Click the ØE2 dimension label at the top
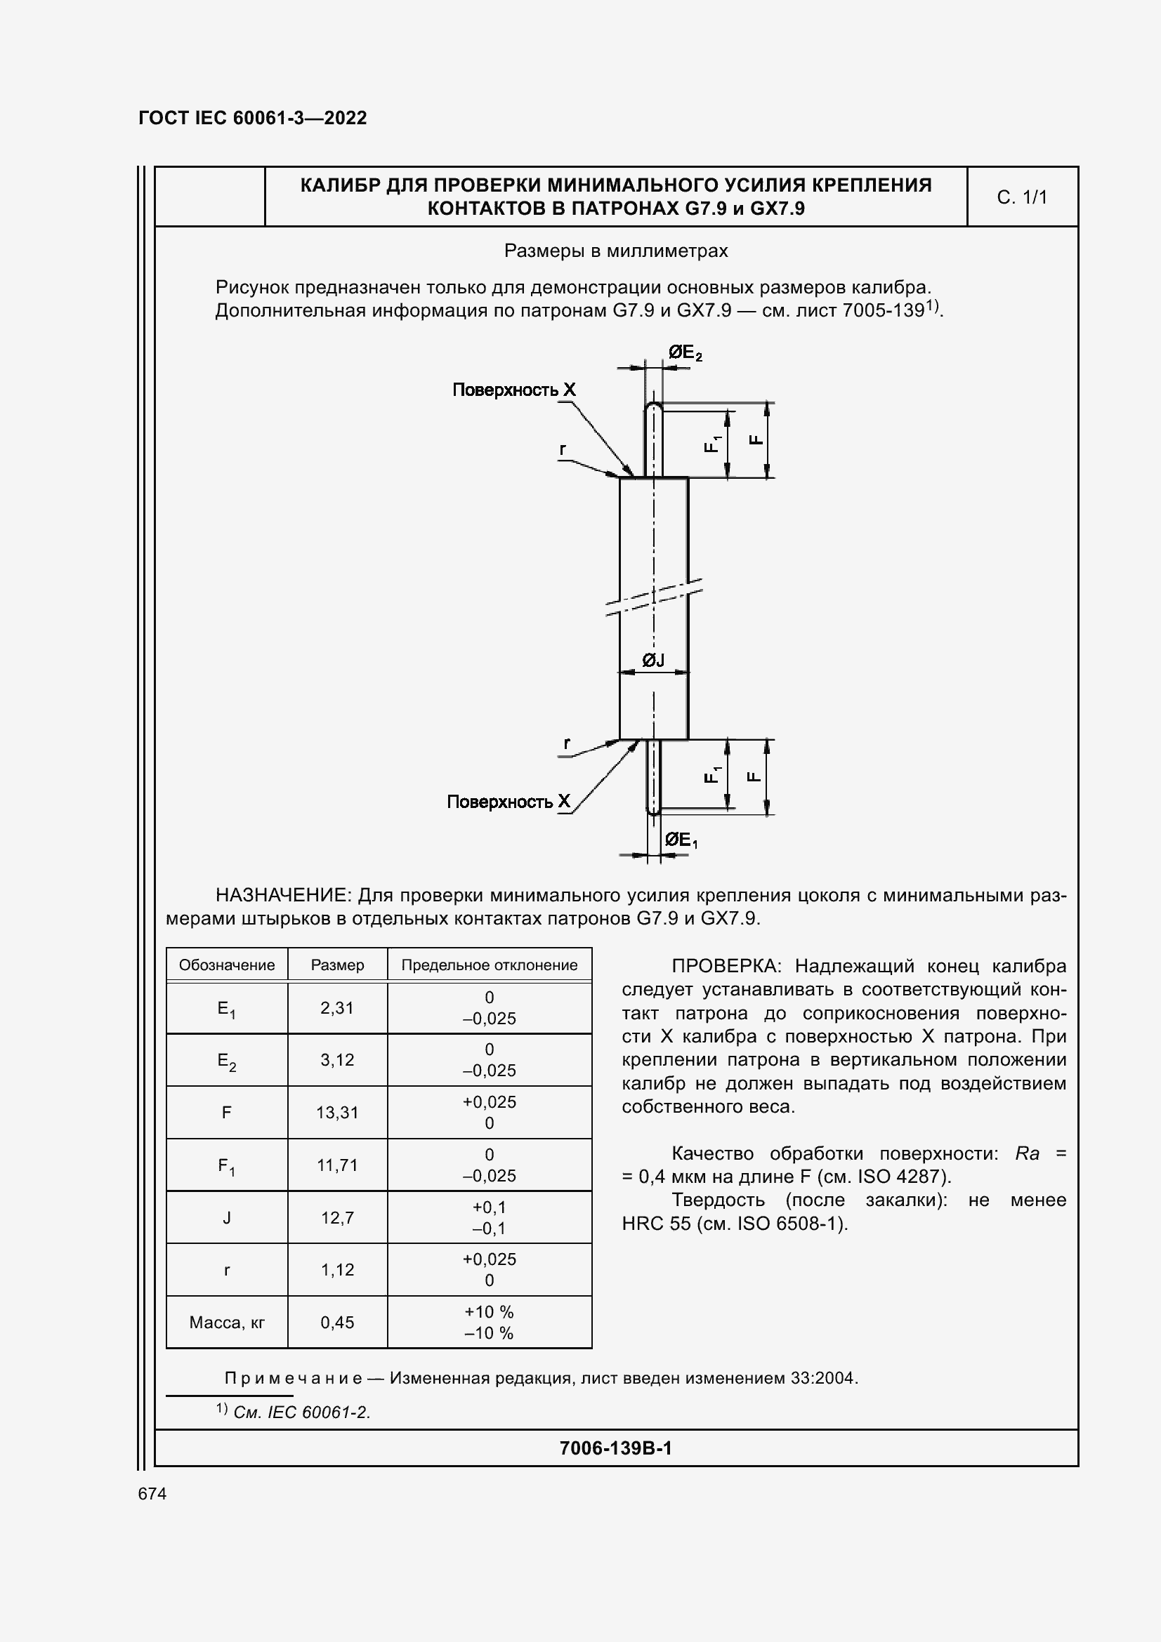pos(685,352)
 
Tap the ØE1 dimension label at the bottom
pos(681,840)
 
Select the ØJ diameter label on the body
pos(652,660)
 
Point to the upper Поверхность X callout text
pos(513,390)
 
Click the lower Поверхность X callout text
pos(508,802)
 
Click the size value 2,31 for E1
pos(337,1007)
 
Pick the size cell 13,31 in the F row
pos(337,1112)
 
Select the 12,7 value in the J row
pos(337,1217)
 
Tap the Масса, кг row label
pos(227,1323)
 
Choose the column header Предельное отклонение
pos(490,965)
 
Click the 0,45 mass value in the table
pos(337,1323)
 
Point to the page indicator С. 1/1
pos(1021,197)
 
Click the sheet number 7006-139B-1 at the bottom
pos(615,1448)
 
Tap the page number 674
pos(152,1494)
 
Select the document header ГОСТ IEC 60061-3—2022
pos(253,118)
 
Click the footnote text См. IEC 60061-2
pos(301,1412)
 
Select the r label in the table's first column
pos(227,1270)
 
